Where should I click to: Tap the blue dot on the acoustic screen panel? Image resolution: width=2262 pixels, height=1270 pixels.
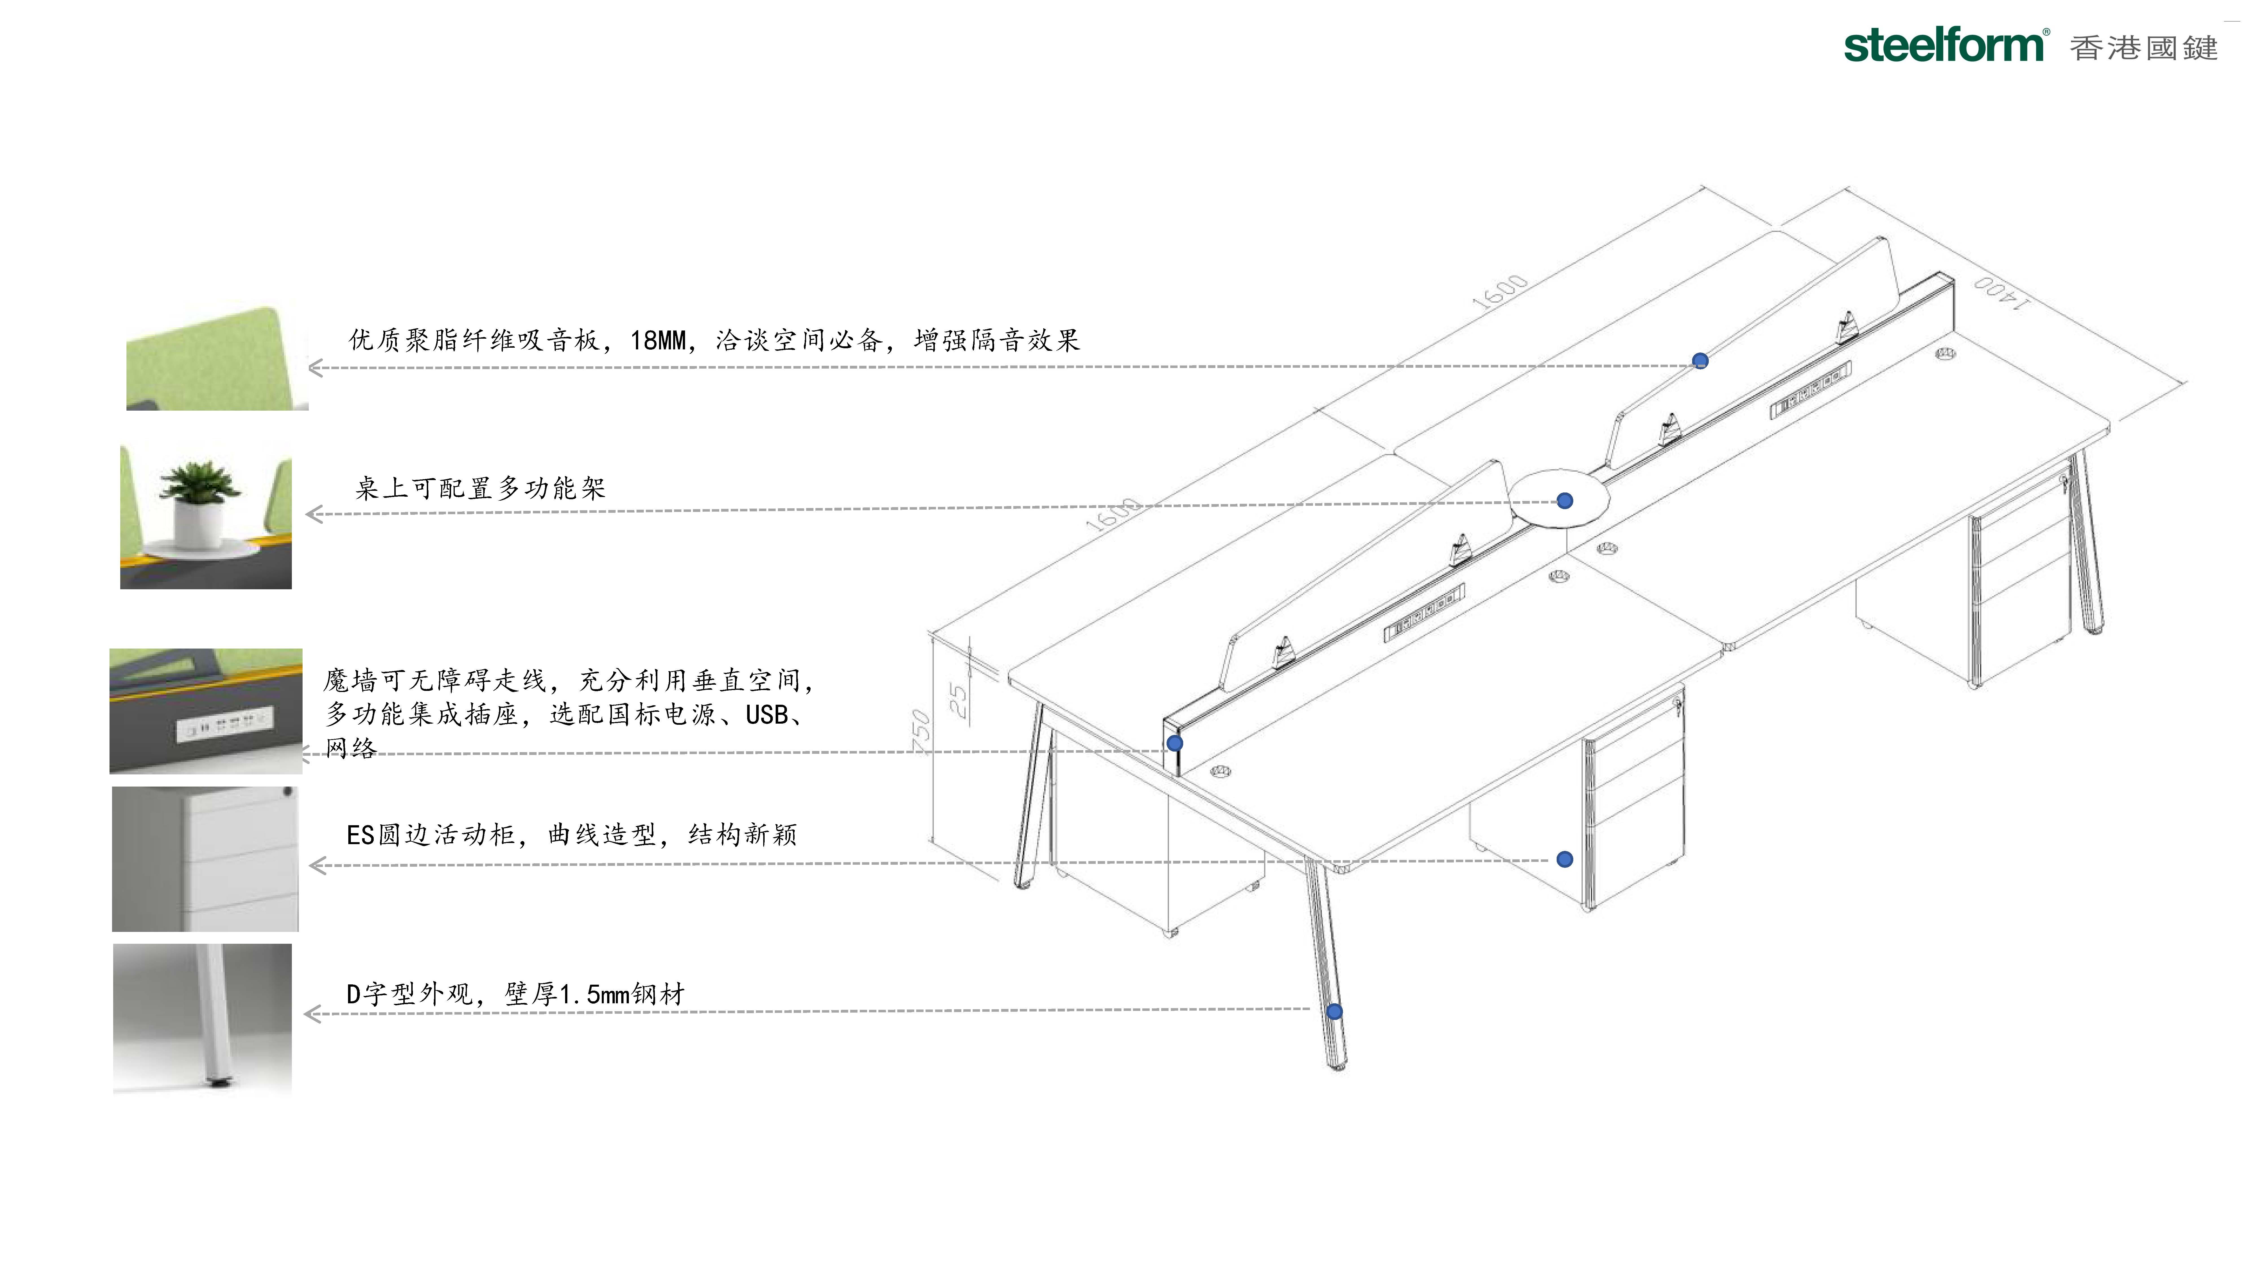[x=1700, y=361]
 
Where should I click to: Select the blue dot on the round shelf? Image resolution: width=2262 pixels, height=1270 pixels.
[x=1565, y=501]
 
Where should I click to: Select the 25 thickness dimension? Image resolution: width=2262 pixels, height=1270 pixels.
[x=958, y=700]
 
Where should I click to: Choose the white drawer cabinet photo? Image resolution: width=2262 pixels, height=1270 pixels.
[x=205, y=859]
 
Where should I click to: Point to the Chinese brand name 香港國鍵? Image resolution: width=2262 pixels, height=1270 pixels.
[x=2143, y=47]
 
